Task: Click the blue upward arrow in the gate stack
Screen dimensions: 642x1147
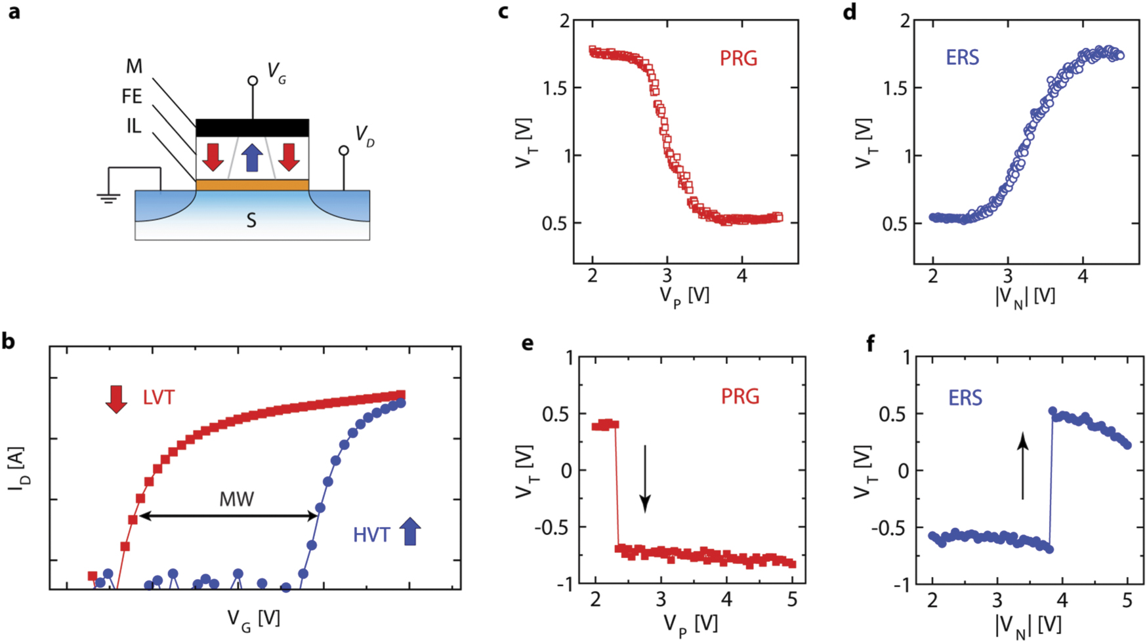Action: pos(252,158)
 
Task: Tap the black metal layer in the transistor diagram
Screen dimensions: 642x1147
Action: pos(252,128)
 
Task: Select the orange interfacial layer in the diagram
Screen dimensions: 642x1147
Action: pos(252,186)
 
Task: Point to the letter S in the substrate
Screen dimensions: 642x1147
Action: pos(251,221)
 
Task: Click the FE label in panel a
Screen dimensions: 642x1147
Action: pos(131,97)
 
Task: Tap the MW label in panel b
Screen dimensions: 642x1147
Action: pos(236,500)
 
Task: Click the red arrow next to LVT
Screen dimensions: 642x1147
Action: pos(116,399)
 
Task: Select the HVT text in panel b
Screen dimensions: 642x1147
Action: pos(371,535)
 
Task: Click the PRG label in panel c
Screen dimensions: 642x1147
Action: pos(738,59)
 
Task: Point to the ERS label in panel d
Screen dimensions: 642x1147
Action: pos(962,58)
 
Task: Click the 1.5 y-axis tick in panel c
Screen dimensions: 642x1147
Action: pos(556,88)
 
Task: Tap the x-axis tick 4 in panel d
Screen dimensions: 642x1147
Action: pos(1083,277)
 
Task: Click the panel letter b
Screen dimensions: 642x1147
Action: pos(9,342)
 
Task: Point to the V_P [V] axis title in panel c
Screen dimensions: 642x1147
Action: pos(684,296)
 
